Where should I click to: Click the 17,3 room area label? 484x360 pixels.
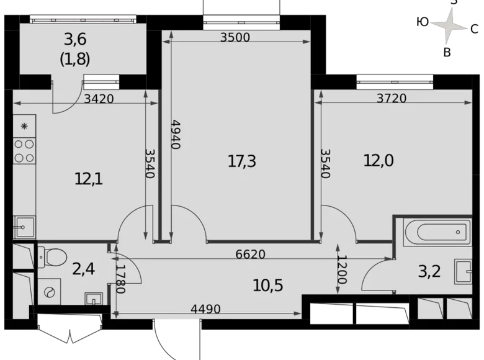click(242, 162)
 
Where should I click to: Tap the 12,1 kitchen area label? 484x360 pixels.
click(88, 179)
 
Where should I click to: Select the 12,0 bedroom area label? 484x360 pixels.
click(379, 160)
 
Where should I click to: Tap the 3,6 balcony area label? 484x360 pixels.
click(74, 40)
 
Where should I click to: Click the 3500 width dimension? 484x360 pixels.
click(235, 37)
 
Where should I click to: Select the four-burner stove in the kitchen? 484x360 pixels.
click(24, 150)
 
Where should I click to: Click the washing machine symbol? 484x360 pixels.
click(49, 292)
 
